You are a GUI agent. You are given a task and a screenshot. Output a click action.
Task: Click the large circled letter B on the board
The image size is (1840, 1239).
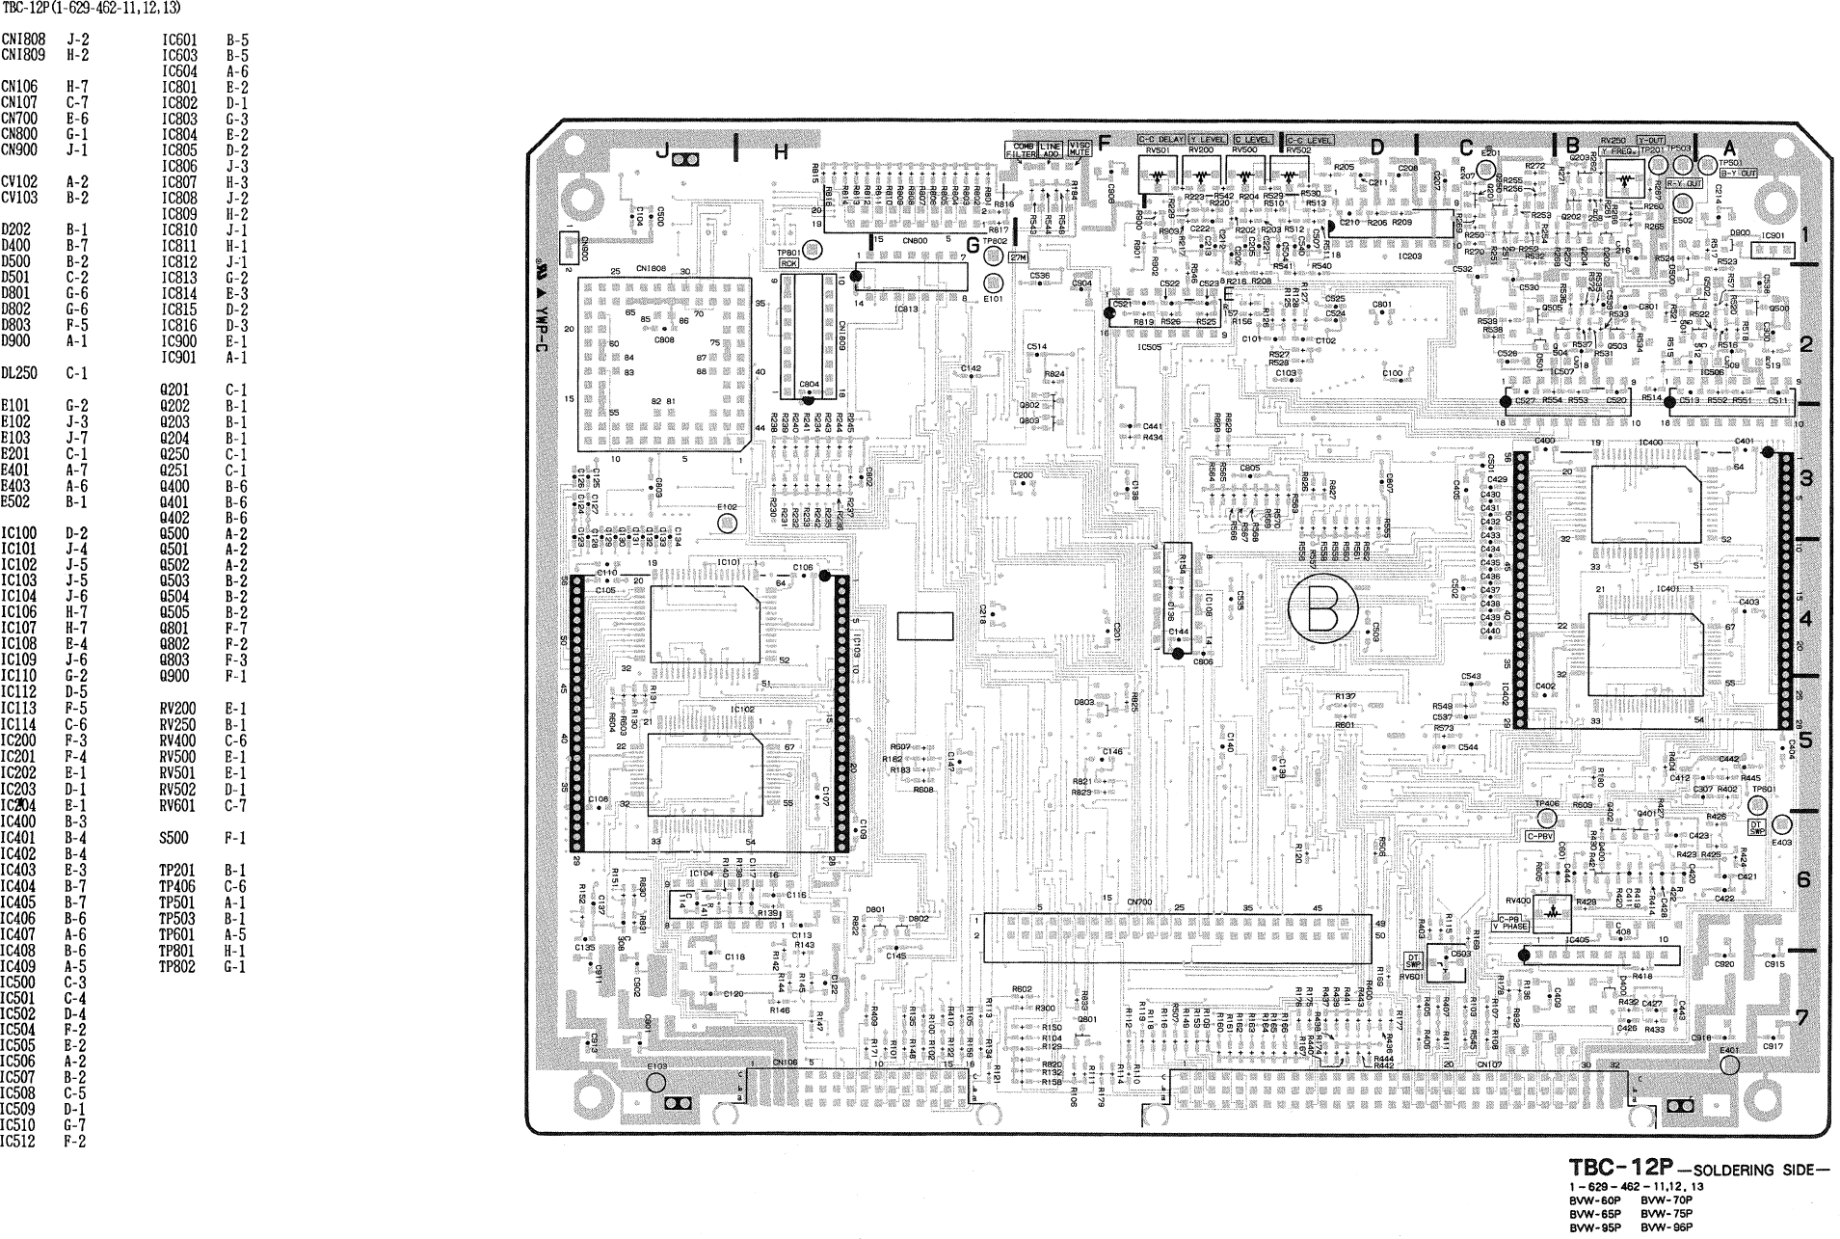pyautogui.click(x=1322, y=608)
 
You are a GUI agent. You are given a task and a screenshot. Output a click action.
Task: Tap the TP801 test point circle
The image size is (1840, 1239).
pyautogui.click(x=813, y=251)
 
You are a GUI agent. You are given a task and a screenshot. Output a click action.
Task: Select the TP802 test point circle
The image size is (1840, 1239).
pyautogui.click(x=994, y=256)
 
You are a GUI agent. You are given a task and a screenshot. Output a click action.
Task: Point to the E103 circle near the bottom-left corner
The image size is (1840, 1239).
pyautogui.click(x=656, y=1082)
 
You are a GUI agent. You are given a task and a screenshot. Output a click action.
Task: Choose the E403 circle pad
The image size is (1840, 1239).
pyautogui.click(x=1781, y=824)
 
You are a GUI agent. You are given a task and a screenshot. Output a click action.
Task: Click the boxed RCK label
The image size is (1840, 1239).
pyautogui.click(x=788, y=262)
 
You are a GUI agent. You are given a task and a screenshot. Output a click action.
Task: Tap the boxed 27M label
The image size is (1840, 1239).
pyautogui.click(x=1019, y=257)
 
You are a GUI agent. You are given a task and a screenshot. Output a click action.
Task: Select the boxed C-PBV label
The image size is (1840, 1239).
pyautogui.click(x=1539, y=836)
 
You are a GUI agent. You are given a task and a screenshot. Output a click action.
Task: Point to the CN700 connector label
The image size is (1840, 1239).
pyautogui.click(x=1139, y=902)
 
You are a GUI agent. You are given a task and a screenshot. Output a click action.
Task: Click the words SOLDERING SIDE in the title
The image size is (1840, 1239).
pyautogui.click(x=1755, y=1171)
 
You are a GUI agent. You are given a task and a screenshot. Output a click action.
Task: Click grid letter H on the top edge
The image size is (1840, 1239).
pyautogui.click(x=781, y=151)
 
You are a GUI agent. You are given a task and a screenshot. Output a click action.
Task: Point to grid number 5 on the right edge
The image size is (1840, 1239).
pyautogui.click(x=1805, y=741)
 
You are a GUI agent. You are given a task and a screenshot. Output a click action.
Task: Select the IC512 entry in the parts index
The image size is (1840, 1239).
pyautogui.click(x=17, y=1141)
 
